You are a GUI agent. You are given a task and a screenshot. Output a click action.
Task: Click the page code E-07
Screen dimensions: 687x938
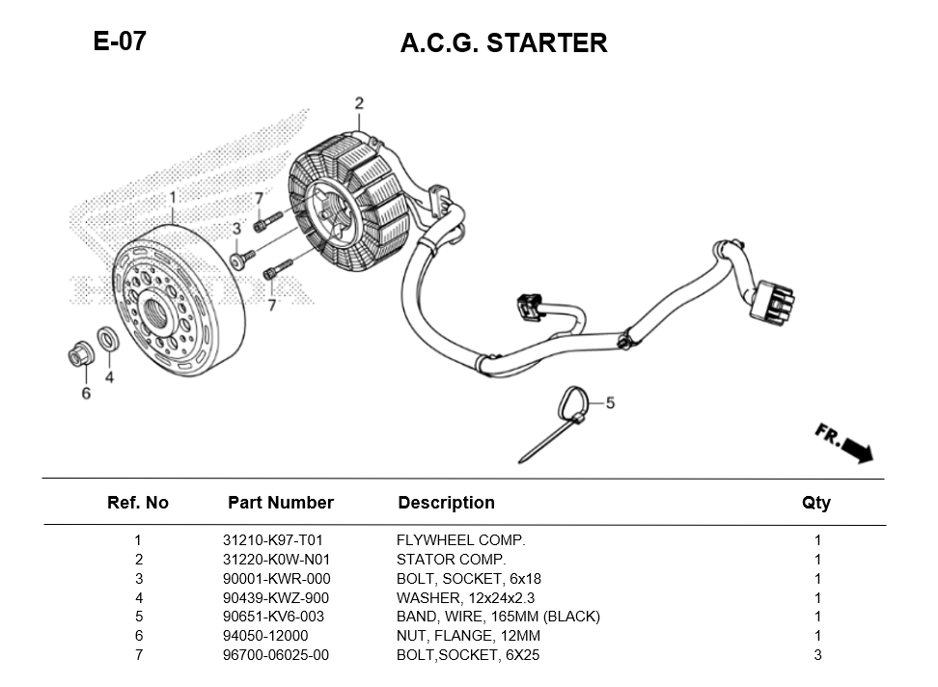[120, 41]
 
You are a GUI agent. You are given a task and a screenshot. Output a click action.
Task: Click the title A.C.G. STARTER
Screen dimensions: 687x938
[504, 43]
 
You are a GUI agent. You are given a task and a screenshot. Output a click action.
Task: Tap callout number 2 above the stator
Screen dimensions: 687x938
[359, 103]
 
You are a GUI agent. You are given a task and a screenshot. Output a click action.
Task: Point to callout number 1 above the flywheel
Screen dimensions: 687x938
[173, 198]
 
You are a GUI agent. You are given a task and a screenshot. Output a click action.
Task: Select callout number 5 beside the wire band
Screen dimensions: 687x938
[610, 402]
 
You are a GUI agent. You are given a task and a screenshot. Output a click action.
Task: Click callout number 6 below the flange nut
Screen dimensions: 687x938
[86, 393]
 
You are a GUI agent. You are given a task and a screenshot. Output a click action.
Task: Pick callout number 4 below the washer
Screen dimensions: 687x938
[109, 377]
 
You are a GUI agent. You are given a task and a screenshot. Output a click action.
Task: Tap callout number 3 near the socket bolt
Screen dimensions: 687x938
[235, 229]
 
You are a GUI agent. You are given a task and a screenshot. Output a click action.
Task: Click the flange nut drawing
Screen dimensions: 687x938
[80, 356]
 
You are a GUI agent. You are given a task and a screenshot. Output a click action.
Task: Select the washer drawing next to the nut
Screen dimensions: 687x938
[109, 340]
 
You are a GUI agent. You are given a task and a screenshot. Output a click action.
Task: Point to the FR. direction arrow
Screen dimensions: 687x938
[843, 443]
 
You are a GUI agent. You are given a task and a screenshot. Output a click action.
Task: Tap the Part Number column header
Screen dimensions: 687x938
[280, 503]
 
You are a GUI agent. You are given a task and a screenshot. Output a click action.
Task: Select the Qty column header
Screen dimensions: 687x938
[815, 503]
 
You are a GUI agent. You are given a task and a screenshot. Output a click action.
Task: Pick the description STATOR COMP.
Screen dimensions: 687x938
[451, 560]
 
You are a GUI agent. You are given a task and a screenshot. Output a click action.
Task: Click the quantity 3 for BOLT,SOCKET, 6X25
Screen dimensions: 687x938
[817, 655]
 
